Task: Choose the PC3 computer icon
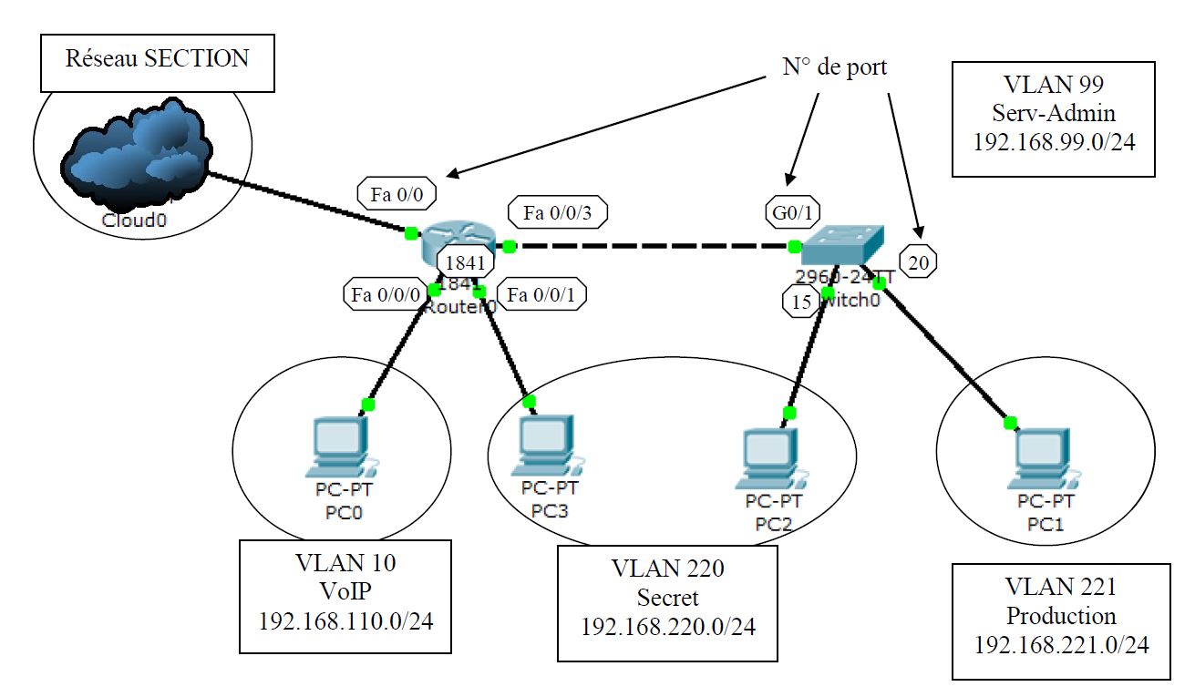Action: [x=545, y=445]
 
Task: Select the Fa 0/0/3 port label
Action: [x=558, y=213]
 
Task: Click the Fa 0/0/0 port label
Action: [x=384, y=295]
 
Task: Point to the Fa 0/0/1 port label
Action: [x=547, y=295]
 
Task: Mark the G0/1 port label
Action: [x=788, y=212]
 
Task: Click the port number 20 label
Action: [x=920, y=263]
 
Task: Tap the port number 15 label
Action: [x=801, y=303]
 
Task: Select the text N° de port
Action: [x=834, y=67]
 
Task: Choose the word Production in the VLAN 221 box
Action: [x=1060, y=615]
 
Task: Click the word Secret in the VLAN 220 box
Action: [x=667, y=598]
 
